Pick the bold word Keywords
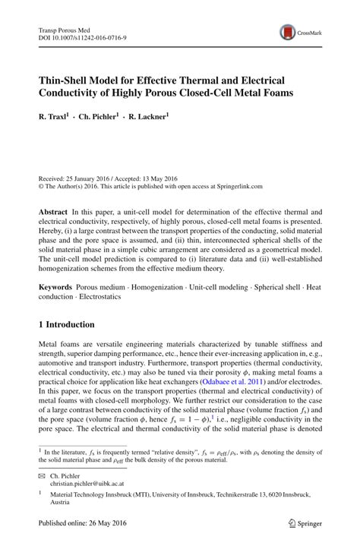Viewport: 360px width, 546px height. point(55,289)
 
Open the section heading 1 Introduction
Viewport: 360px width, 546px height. point(66,324)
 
